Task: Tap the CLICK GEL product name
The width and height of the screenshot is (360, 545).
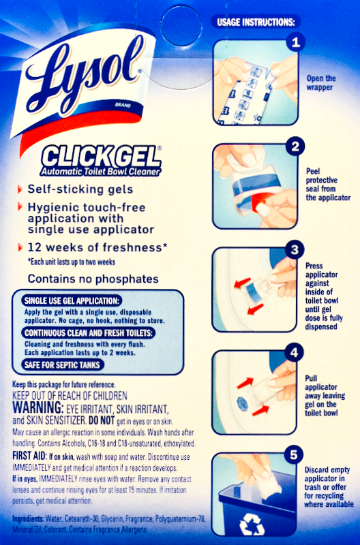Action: tap(100, 157)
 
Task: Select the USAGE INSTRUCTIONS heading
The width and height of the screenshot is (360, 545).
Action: tap(256, 22)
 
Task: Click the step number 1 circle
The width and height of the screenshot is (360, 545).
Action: tap(296, 42)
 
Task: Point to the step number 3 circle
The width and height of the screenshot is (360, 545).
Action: tap(295, 249)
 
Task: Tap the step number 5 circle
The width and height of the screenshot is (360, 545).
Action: tap(294, 455)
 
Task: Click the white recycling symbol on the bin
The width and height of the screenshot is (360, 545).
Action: tap(252, 524)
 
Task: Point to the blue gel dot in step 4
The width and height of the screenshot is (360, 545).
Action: tap(243, 404)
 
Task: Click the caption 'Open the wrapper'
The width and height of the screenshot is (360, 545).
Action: tap(320, 82)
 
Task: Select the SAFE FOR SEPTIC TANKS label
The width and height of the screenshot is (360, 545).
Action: tap(62, 365)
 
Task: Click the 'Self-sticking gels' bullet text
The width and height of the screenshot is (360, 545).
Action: tap(80, 189)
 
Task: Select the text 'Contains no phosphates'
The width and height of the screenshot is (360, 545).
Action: tap(93, 279)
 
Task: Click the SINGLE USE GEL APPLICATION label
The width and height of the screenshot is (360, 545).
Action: tap(72, 300)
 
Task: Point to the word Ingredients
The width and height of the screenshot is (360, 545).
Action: tap(28, 519)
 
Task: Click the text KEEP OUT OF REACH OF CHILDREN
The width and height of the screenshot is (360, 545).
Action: tap(70, 396)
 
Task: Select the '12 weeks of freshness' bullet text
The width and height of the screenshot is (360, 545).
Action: tap(97, 248)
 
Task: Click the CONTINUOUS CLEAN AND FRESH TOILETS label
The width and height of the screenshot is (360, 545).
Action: tap(89, 333)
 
